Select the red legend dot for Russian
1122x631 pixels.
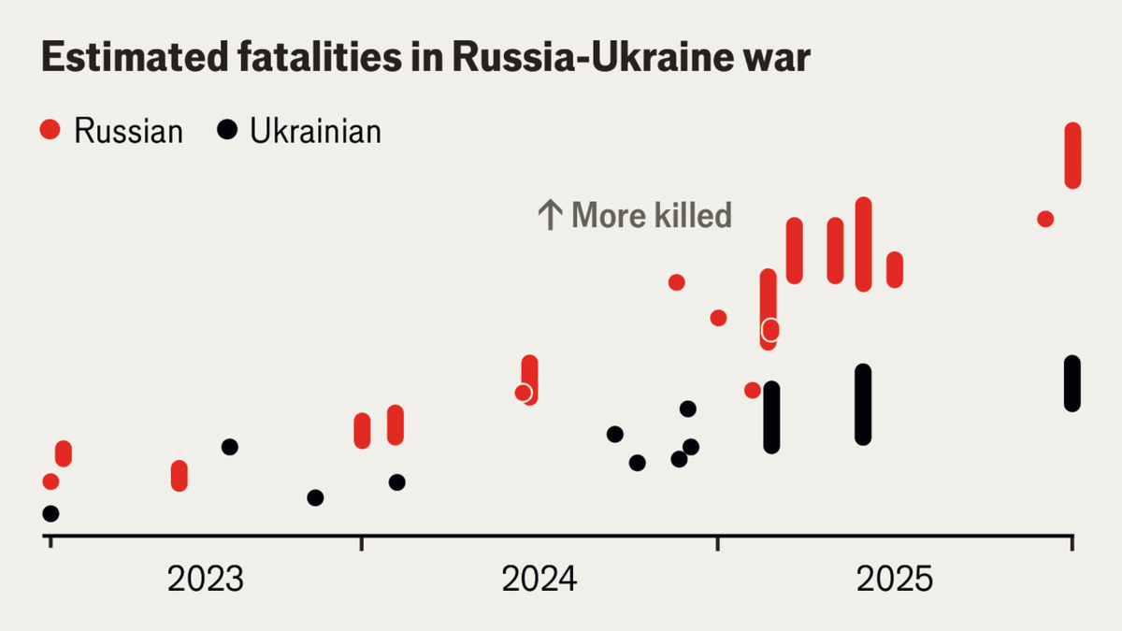pos(50,130)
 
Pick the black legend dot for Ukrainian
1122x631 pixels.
pos(226,130)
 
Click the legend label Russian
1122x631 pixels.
pos(128,131)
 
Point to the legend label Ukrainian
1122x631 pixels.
pos(315,131)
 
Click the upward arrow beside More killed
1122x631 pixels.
pos(549,216)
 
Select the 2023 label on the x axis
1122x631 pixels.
pos(205,580)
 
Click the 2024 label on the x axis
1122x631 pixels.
pos(539,580)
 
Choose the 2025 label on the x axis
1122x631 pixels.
pos(895,580)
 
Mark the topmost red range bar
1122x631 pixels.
pos(1072,155)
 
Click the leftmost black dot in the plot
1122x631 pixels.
pos(50,513)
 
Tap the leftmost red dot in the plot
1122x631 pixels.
pos(50,481)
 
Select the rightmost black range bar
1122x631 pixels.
pos(1072,383)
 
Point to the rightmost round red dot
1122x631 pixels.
pos(1045,219)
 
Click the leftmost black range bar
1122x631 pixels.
pos(771,417)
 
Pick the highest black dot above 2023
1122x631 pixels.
pos(229,447)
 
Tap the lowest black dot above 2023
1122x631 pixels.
pos(315,497)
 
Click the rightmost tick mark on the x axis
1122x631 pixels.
pos(1072,543)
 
